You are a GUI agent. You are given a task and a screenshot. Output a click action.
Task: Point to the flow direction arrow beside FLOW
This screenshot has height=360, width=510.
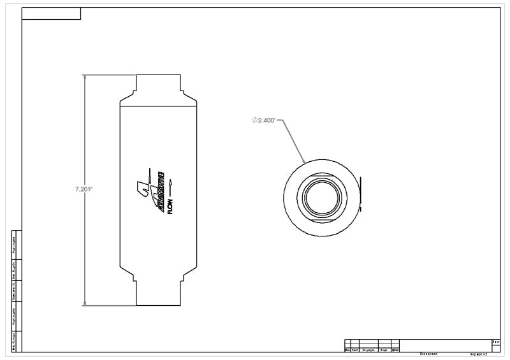click(x=170, y=185)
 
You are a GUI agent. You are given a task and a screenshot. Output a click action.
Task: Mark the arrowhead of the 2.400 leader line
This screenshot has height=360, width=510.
click(x=305, y=161)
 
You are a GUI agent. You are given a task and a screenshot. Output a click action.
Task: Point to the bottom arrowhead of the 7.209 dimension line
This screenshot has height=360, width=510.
click(x=85, y=303)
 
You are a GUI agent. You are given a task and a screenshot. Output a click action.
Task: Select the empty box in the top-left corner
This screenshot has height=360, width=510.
click(x=51, y=13)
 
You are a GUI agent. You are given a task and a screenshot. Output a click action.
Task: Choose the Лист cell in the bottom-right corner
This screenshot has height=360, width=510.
click(x=495, y=342)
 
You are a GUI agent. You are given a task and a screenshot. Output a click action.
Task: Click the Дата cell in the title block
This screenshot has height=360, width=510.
click(x=395, y=350)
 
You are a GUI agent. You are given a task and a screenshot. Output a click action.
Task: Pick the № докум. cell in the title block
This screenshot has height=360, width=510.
click(x=368, y=350)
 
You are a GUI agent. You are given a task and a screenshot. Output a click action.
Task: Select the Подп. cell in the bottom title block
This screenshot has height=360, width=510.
click(x=384, y=350)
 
